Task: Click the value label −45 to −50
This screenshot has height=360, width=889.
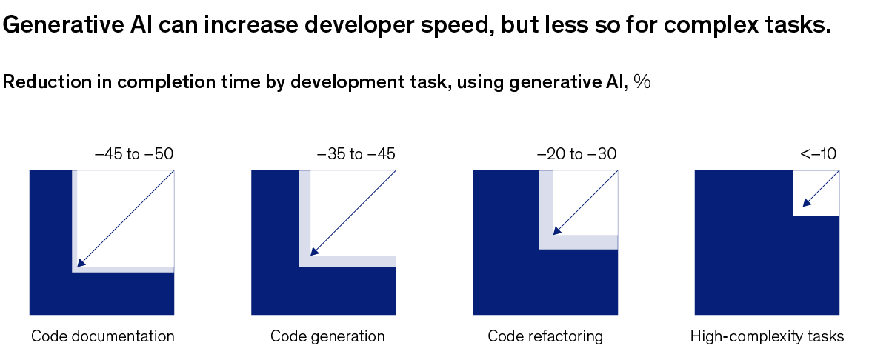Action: [x=134, y=155]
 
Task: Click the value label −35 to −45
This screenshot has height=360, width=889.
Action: [x=356, y=155]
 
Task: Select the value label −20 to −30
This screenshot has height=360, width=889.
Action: [x=577, y=155]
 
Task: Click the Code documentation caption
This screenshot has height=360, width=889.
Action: [x=103, y=336]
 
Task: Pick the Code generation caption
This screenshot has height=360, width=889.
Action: [x=327, y=336]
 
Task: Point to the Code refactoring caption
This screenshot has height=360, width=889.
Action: [x=545, y=336]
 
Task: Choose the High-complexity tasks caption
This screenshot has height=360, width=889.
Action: [x=767, y=336]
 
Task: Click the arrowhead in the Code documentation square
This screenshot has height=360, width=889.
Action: [x=81, y=262]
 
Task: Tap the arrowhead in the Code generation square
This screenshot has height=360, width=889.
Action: [x=314, y=252]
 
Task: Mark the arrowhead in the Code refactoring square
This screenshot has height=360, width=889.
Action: [x=556, y=230]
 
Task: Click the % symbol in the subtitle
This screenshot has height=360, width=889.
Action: [x=642, y=82]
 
